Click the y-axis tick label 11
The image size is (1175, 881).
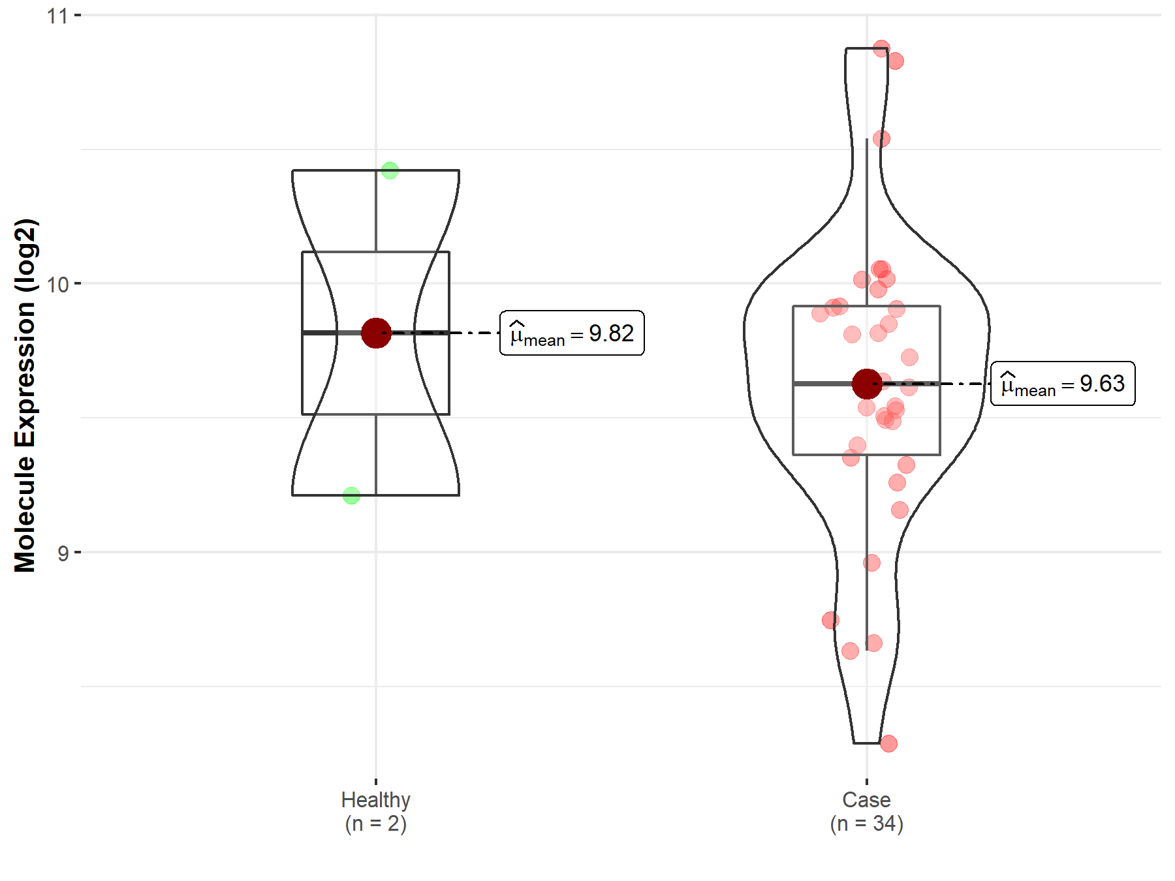[x=57, y=16]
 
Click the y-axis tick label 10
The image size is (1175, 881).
[x=57, y=285]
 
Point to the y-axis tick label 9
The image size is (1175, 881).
[x=63, y=553]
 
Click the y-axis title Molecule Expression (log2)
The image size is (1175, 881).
[x=25, y=395]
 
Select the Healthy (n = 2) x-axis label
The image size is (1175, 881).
[x=376, y=812]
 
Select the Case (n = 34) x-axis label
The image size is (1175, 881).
[x=867, y=812]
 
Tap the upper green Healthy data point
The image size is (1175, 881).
[x=390, y=170]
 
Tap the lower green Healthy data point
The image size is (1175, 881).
[x=351, y=496]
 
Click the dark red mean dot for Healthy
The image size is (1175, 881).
[x=376, y=333]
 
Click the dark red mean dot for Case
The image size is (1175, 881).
[x=867, y=384]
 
